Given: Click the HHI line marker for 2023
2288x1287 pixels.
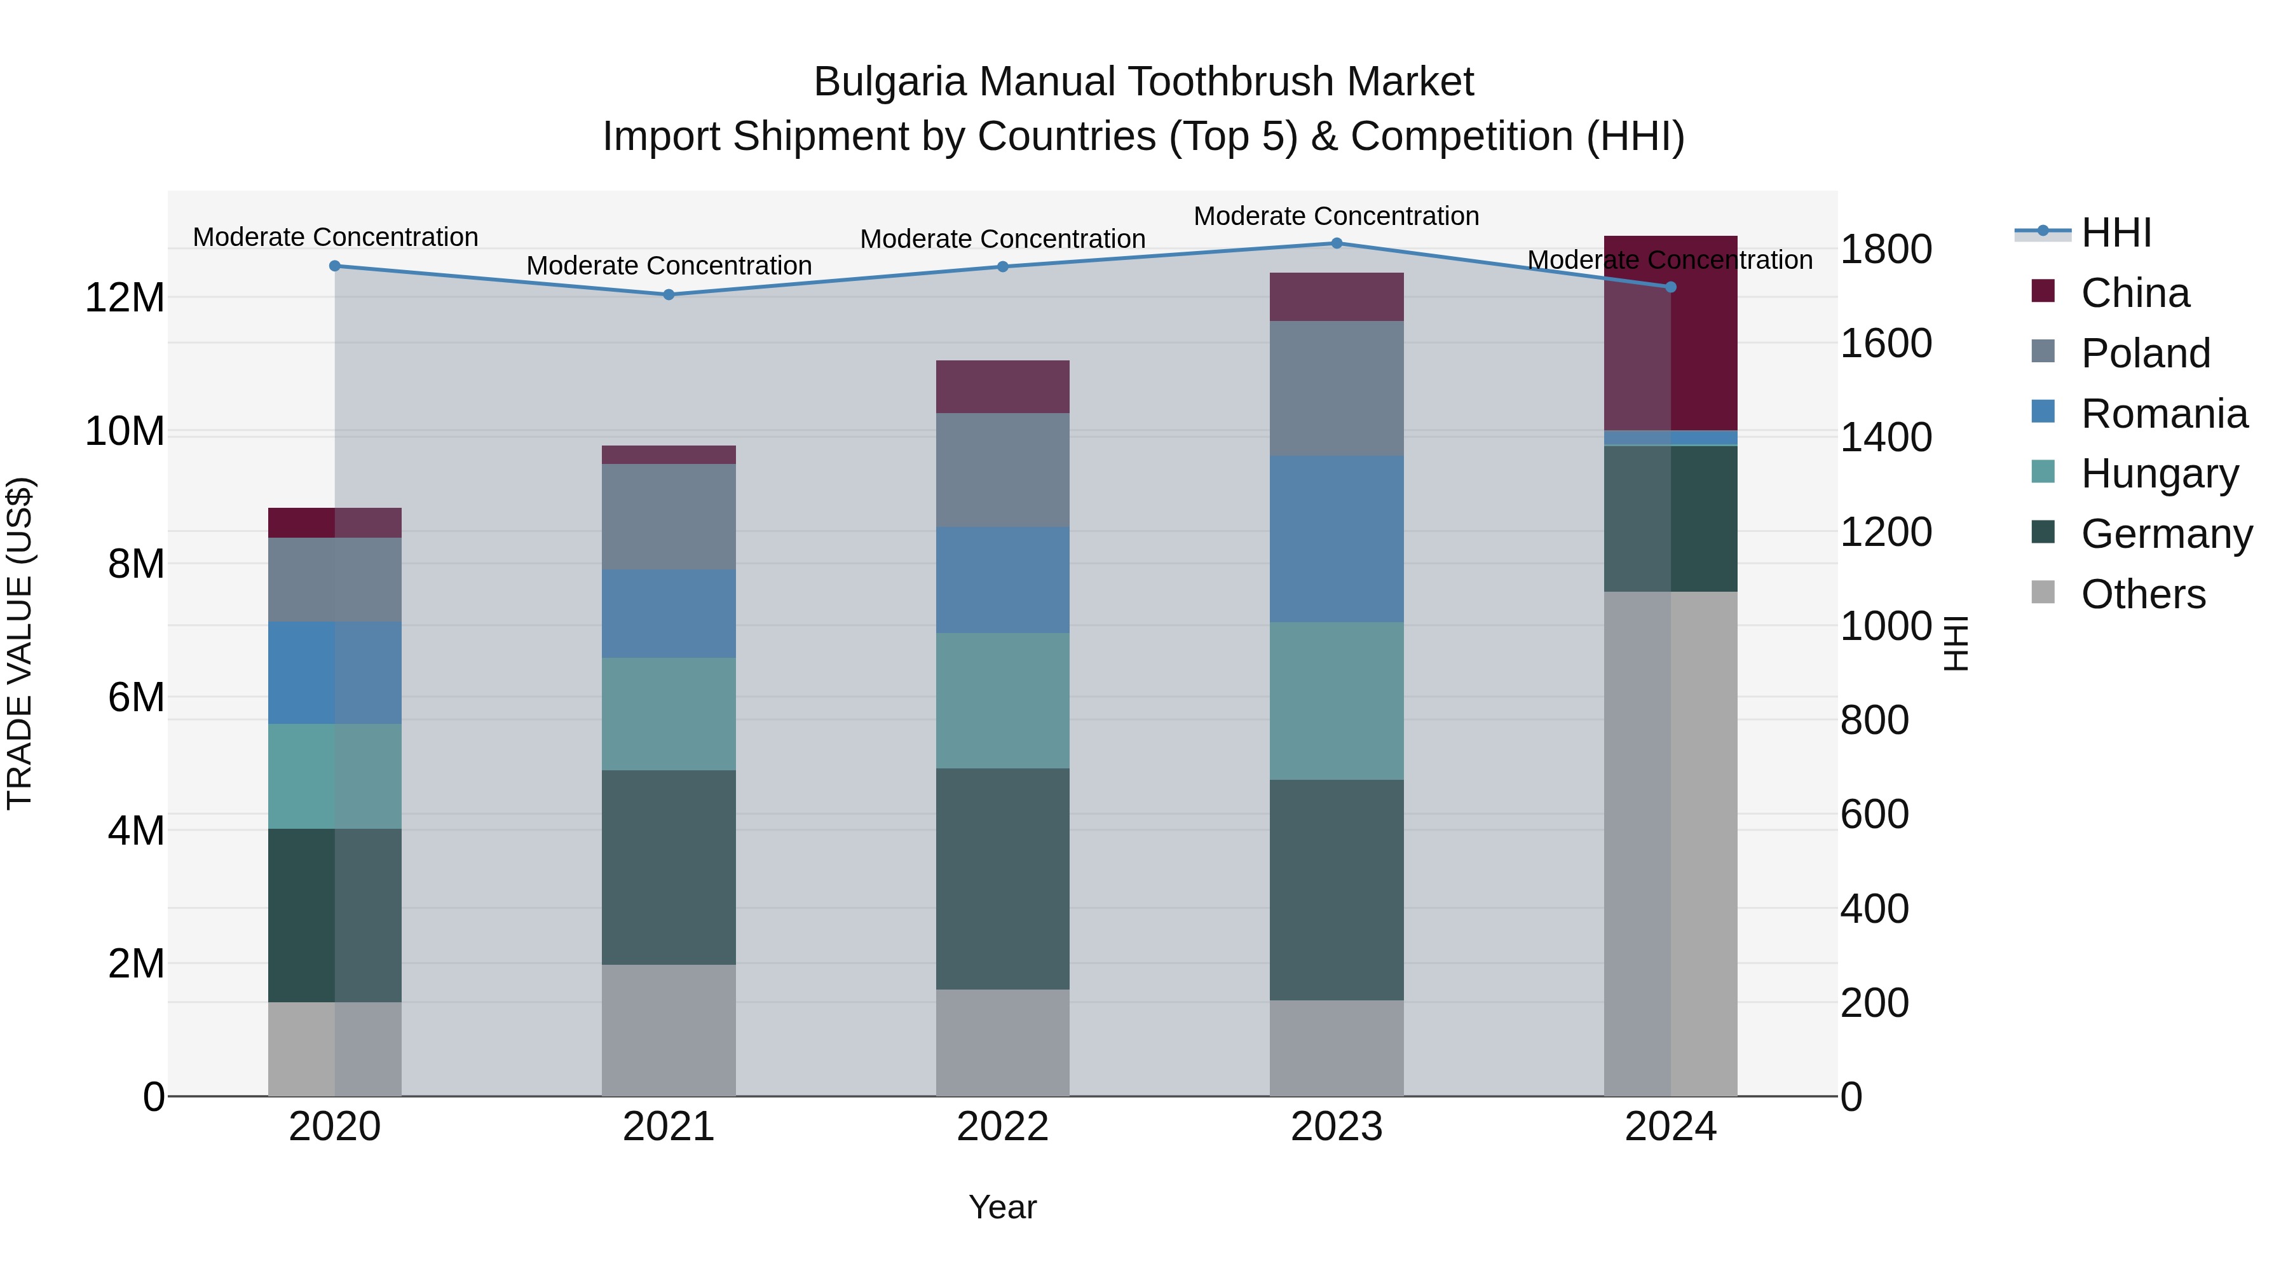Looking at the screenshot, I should pos(1337,243).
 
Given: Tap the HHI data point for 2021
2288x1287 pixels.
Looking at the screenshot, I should pos(669,295).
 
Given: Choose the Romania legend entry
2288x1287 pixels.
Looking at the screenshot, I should pos(2163,414).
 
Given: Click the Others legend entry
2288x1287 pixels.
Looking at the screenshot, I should pos(2142,594).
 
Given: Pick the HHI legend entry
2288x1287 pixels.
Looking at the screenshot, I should pos(2116,233).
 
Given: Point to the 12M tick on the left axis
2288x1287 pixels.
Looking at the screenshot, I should pos(125,297).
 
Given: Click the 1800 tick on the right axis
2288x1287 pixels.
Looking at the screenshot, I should pos(1886,250).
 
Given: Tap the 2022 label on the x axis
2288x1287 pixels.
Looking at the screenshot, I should pos(1003,1127).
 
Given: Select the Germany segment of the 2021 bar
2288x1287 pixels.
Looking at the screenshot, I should pos(669,867).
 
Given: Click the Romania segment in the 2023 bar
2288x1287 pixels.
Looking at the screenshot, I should pos(1337,539).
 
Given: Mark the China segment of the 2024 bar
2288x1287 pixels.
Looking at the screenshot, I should pos(1671,333).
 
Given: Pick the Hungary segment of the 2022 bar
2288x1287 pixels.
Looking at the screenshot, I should pos(1003,701).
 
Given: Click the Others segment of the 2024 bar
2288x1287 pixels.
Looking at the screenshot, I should pos(1671,844).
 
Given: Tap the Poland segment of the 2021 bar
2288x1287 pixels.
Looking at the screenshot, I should pos(669,517).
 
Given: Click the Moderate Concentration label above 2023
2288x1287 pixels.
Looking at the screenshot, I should pos(1336,216).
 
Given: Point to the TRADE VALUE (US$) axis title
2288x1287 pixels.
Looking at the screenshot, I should pos(20,643).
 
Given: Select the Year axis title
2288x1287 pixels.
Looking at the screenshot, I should pos(1003,1207).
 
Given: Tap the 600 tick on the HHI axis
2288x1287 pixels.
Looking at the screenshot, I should pos(1874,815).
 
